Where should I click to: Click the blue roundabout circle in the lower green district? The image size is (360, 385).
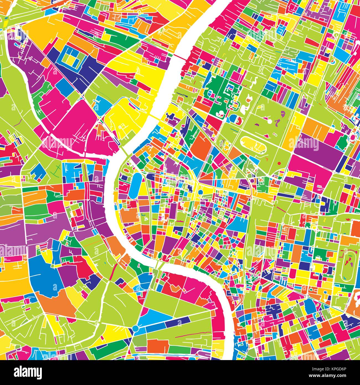click(x=135, y=328)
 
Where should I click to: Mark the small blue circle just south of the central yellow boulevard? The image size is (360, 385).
click(x=201, y=192)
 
